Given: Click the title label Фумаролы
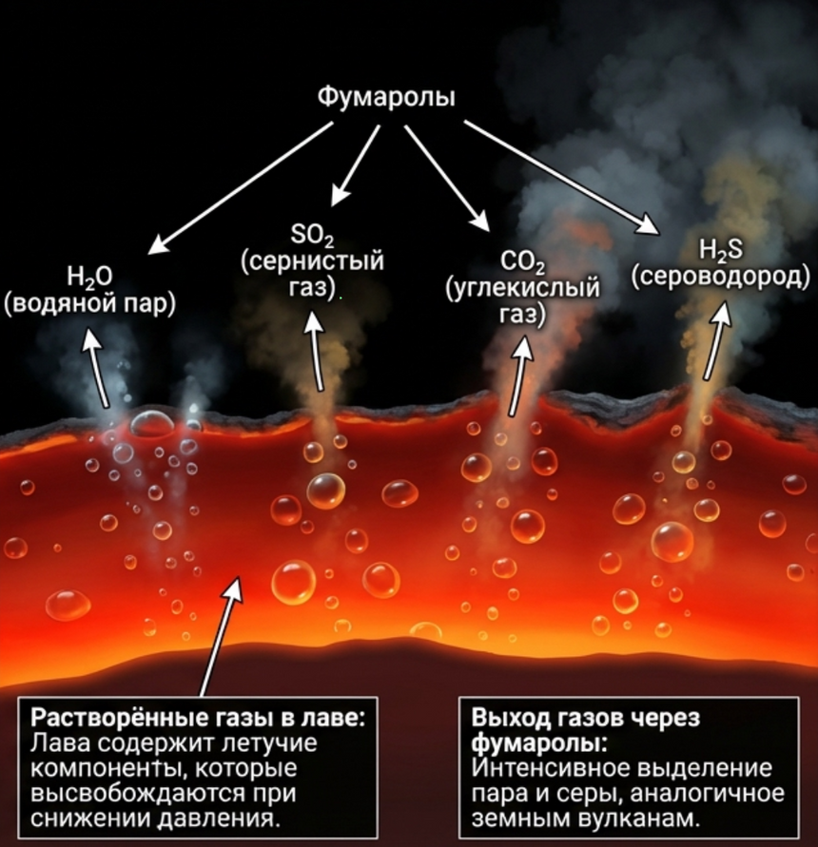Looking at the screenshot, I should pos(385,98).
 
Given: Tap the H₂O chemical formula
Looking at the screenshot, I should pos(89,277).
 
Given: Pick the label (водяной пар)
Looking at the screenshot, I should pos(90,304).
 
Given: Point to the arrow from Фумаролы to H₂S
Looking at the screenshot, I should pos(561,176).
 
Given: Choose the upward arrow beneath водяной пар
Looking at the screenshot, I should pos(94,365).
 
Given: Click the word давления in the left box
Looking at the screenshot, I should pos(222,819).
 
